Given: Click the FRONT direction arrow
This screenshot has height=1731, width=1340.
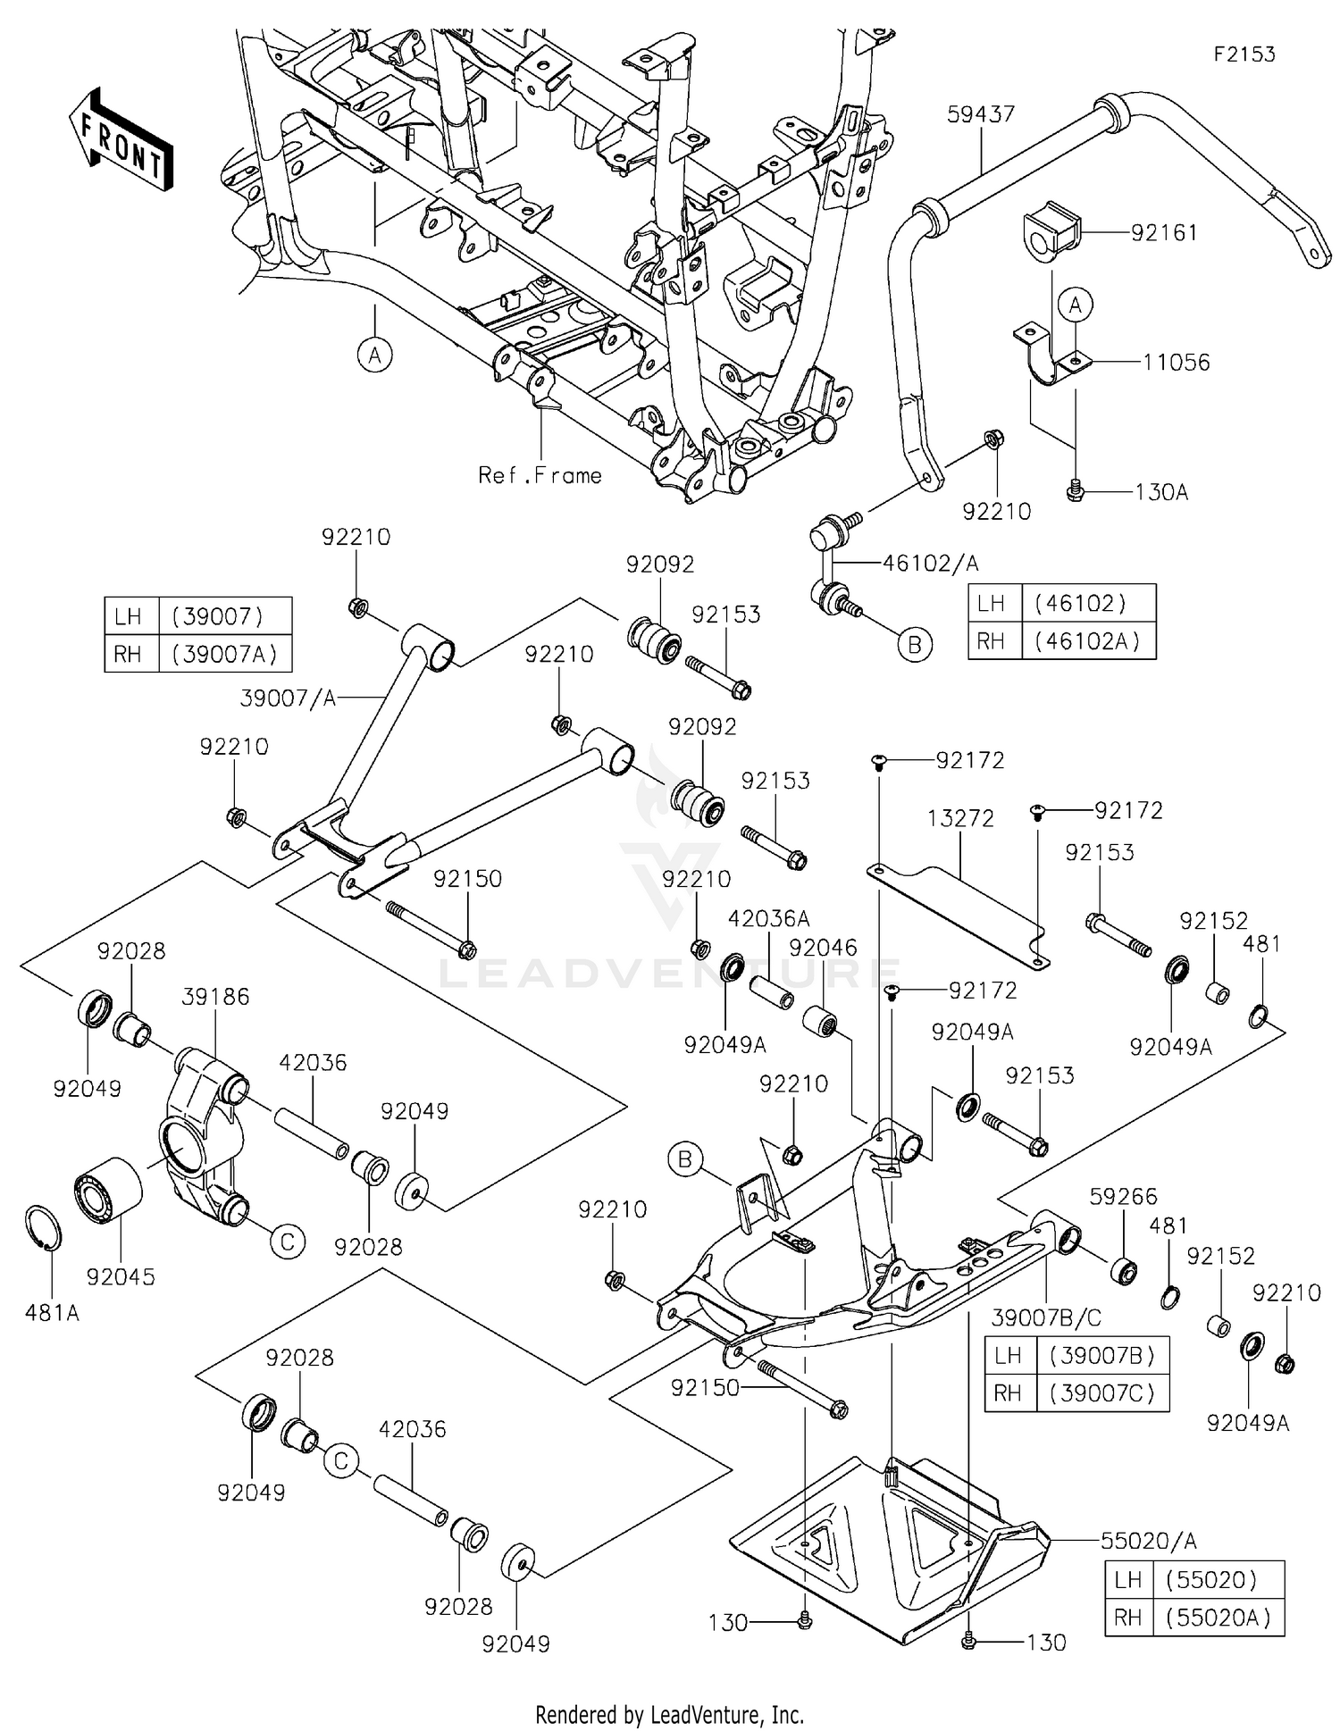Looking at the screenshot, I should coord(121,139).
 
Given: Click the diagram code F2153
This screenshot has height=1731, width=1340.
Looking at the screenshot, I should coord(1244,54).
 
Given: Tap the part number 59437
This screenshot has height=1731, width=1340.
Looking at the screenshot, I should coord(981,113).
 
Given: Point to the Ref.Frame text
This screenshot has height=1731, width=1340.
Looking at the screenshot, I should coord(540,475).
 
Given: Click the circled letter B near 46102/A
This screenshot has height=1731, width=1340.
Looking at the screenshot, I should coord(914,644).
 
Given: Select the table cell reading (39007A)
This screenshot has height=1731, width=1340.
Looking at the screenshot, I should coord(224,655).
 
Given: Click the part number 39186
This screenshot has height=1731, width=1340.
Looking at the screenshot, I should coord(215,997).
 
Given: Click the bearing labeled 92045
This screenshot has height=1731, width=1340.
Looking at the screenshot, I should coord(107,1193).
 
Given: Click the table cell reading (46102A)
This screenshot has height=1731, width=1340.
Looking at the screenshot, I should coord(1087,641).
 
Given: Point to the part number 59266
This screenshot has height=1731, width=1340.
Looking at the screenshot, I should coord(1123,1196).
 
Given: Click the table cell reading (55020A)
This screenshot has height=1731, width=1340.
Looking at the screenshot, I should coord(1217,1618).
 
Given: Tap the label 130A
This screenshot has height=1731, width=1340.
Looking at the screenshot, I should coord(1160,492).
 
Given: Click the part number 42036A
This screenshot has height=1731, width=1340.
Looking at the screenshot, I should coord(768,918).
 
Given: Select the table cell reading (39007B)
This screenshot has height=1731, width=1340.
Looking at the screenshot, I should coord(1101,1356).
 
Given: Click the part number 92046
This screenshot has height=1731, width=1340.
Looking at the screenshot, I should coord(823,948).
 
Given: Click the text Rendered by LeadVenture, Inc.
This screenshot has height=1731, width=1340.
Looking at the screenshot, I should coord(669,1714).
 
